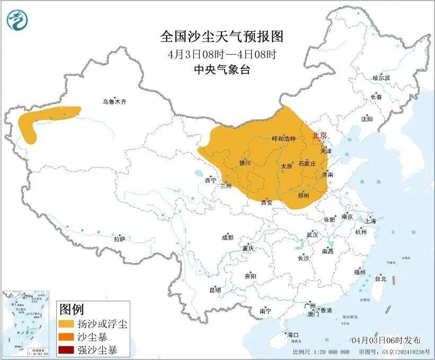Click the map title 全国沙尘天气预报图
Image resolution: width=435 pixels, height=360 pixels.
pyautogui.click(x=222, y=37)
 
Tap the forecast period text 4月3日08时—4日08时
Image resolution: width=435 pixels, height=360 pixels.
pyautogui.click(x=222, y=54)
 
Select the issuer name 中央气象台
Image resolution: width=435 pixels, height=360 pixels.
pyautogui.click(x=222, y=69)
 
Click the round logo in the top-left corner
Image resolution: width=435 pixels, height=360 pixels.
pyautogui.click(x=16, y=20)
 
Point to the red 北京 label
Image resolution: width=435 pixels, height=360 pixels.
pyautogui.click(x=320, y=136)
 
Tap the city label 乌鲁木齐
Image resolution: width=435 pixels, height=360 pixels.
pyautogui.click(x=115, y=102)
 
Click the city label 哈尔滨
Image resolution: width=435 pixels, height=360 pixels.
pyautogui.click(x=381, y=78)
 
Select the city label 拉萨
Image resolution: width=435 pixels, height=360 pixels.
pyautogui.click(x=119, y=239)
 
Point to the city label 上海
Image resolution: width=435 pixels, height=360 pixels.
pyautogui.click(x=371, y=221)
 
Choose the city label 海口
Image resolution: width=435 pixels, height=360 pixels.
pyautogui.click(x=293, y=335)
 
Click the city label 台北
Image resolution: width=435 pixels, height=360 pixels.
pyautogui.click(x=380, y=278)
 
